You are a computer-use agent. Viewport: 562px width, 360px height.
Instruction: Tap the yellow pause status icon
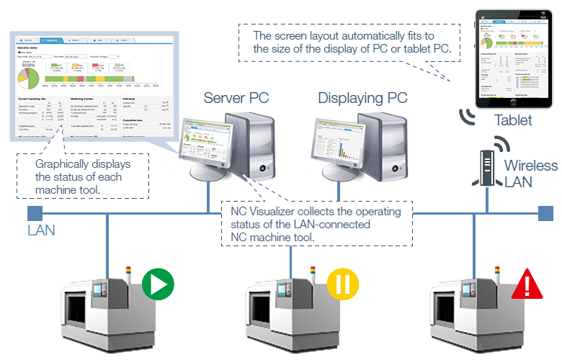[342, 283]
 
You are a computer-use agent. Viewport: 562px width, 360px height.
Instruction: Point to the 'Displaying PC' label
[362, 98]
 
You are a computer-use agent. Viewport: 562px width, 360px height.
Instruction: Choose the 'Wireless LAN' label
[530, 173]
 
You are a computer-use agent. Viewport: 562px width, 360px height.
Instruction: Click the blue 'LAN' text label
[41, 231]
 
